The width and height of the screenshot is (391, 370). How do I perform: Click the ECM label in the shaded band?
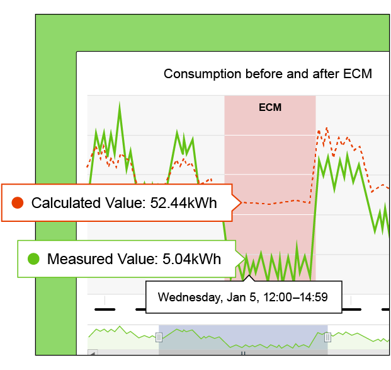[x=270, y=107]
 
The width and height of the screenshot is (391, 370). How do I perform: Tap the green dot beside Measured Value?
[x=33, y=258]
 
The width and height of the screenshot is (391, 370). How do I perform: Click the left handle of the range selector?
[x=159, y=337]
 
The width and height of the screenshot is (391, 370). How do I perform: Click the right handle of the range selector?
[x=327, y=337]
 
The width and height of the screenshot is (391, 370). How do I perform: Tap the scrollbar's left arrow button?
[x=92, y=354]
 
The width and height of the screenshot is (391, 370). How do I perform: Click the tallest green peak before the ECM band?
[x=118, y=103]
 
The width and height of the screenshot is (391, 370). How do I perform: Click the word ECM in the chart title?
[x=358, y=74]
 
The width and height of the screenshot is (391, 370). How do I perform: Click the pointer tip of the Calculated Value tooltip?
[x=242, y=202]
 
